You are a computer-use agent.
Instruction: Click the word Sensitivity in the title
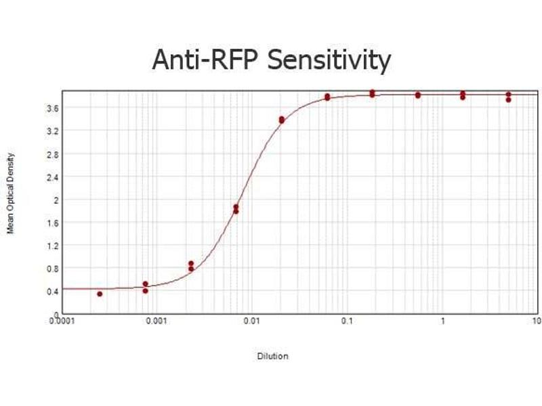tap(330, 60)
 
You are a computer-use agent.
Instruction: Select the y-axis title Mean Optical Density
tap(11, 193)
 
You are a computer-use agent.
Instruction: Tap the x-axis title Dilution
tap(272, 356)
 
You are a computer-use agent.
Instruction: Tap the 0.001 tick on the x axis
tap(157, 321)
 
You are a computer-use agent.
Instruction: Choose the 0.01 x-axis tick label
tap(251, 321)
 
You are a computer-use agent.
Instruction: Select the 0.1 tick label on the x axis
tap(347, 321)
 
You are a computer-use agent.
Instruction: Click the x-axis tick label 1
tap(442, 321)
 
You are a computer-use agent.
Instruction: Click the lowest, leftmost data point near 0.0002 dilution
tap(100, 294)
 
